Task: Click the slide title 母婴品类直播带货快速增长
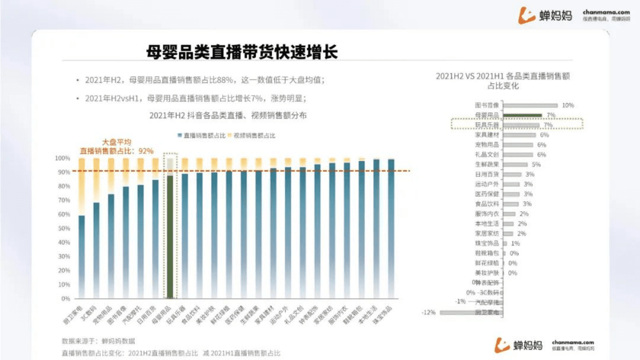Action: click(242, 52)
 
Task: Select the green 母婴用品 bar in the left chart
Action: click(169, 236)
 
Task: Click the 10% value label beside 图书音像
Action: click(568, 105)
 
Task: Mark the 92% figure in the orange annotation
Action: click(146, 151)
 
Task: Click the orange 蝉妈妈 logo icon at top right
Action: click(527, 16)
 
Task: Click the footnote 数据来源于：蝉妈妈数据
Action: click(98, 341)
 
